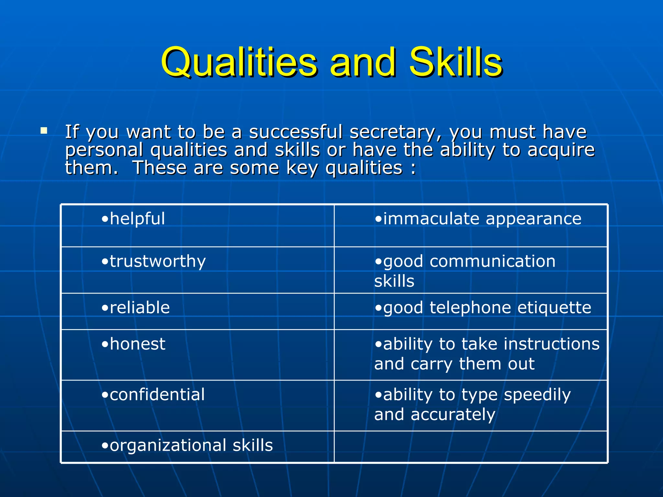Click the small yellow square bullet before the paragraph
click(44, 131)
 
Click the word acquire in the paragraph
click(561, 150)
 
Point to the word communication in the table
click(492, 261)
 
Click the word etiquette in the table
click(554, 307)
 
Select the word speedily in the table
click(537, 395)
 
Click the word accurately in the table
click(453, 414)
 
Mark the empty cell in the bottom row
click(470, 446)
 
